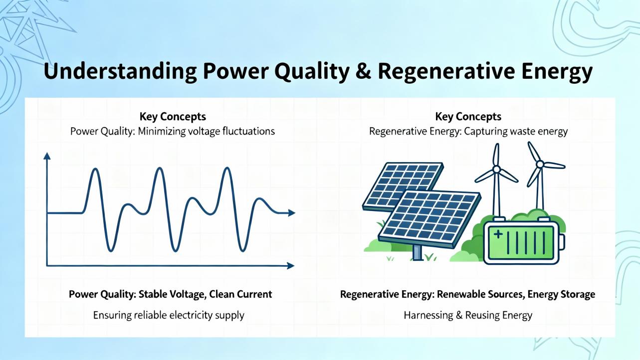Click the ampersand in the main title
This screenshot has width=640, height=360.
tap(364, 71)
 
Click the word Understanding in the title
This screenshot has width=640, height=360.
tap(120, 71)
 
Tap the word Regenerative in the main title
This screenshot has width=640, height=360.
tap(446, 71)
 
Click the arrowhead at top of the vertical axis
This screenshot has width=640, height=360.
tap(47, 156)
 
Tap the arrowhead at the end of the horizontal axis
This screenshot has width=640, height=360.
tap(290, 266)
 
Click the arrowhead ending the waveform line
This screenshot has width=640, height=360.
tap(291, 213)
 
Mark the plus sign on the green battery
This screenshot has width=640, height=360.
tap(498, 234)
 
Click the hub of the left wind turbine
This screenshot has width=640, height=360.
tap(496, 170)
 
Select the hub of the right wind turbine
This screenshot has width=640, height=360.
tap(540, 164)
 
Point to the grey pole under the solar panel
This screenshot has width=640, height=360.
tap(418, 252)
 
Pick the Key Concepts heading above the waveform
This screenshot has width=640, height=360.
tap(173, 117)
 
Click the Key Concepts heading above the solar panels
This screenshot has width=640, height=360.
tap(468, 117)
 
